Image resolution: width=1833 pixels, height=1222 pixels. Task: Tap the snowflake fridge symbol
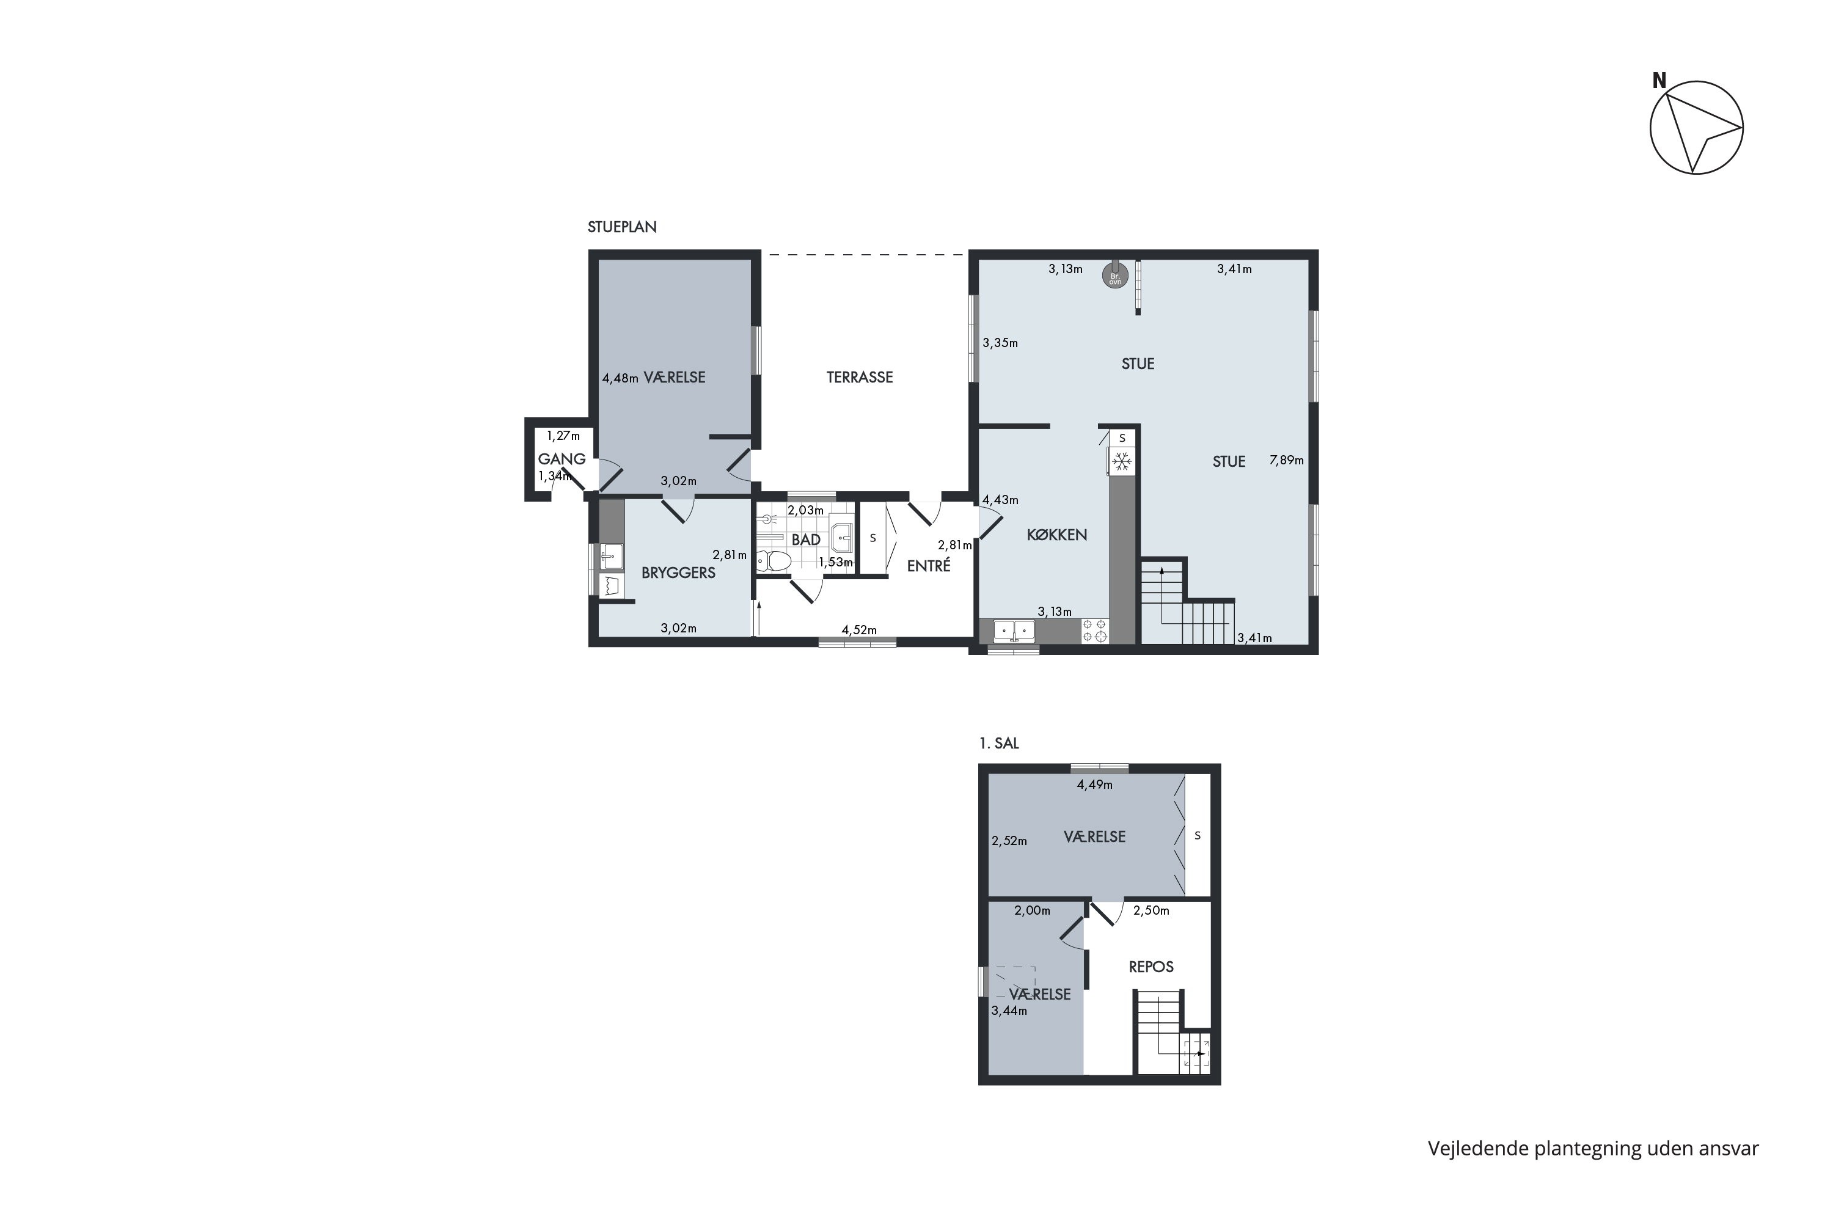tap(1122, 462)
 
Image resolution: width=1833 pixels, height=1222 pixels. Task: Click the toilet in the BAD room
tap(775, 560)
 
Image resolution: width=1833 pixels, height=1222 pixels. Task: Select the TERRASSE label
tap(860, 377)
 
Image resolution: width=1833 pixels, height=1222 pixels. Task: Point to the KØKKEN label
tap(1057, 535)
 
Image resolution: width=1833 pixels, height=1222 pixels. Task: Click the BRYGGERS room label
tap(678, 573)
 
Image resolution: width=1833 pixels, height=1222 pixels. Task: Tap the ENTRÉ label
tap(928, 566)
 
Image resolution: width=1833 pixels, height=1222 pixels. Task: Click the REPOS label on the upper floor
tap(1151, 967)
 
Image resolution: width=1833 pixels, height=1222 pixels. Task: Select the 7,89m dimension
tap(1287, 460)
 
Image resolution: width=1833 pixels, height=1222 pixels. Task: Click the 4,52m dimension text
tap(859, 630)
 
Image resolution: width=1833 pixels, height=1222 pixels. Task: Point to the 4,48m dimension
tap(620, 378)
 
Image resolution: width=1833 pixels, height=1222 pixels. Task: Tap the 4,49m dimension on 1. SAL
tap(1095, 784)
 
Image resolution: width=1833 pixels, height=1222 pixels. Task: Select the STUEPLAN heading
tap(622, 227)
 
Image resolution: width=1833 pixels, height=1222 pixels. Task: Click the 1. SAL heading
tap(999, 744)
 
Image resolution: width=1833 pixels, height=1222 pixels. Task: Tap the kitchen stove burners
tap(1095, 631)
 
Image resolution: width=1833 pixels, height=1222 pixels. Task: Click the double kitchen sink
tap(1014, 630)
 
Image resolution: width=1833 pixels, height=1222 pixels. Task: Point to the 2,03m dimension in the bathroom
tap(805, 510)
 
